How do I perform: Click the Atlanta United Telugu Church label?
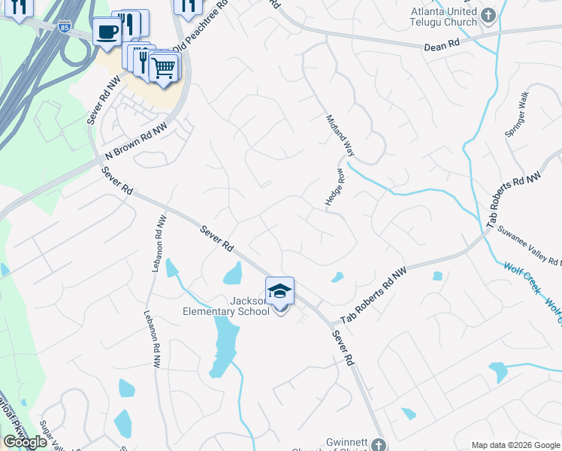point(443,17)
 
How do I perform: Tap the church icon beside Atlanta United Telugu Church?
point(488,16)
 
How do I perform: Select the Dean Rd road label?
point(441,46)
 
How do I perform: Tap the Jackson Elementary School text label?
point(225,305)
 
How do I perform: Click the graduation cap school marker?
point(279,291)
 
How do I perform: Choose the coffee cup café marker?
point(107,32)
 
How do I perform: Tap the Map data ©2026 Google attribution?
point(515,445)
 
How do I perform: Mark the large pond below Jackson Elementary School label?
point(224,342)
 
